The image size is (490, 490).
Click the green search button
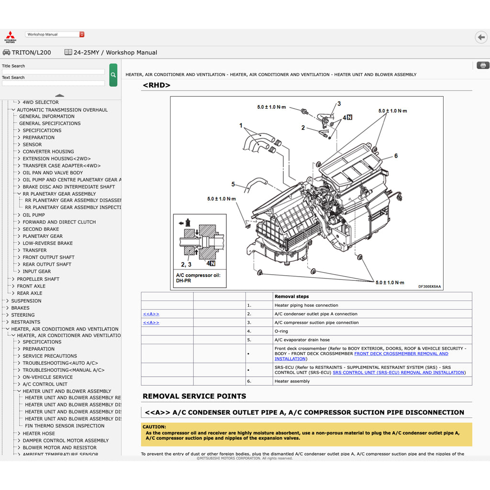click(x=113, y=75)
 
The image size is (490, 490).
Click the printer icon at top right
click(x=483, y=66)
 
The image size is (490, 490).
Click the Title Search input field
click(x=53, y=72)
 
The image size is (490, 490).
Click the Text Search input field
click(x=53, y=83)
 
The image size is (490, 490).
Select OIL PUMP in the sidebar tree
click(x=33, y=215)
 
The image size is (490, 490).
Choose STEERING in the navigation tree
click(x=23, y=315)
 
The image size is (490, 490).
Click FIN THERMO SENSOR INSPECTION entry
click(x=65, y=426)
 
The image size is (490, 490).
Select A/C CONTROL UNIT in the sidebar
click(x=45, y=384)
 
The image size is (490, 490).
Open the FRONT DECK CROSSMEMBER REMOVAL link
click(x=401, y=354)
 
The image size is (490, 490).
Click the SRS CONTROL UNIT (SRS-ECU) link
click(x=399, y=373)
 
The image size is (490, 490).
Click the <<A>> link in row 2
click(x=151, y=314)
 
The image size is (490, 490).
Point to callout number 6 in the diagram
click(x=396, y=156)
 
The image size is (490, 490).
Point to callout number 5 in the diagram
click(x=233, y=184)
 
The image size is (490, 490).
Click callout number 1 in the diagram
click(x=241, y=126)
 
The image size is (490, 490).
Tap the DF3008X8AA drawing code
click(x=429, y=287)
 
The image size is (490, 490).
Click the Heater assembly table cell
click(x=292, y=381)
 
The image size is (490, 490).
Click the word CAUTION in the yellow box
click(x=154, y=427)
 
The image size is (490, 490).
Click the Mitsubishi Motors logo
click(x=10, y=37)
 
